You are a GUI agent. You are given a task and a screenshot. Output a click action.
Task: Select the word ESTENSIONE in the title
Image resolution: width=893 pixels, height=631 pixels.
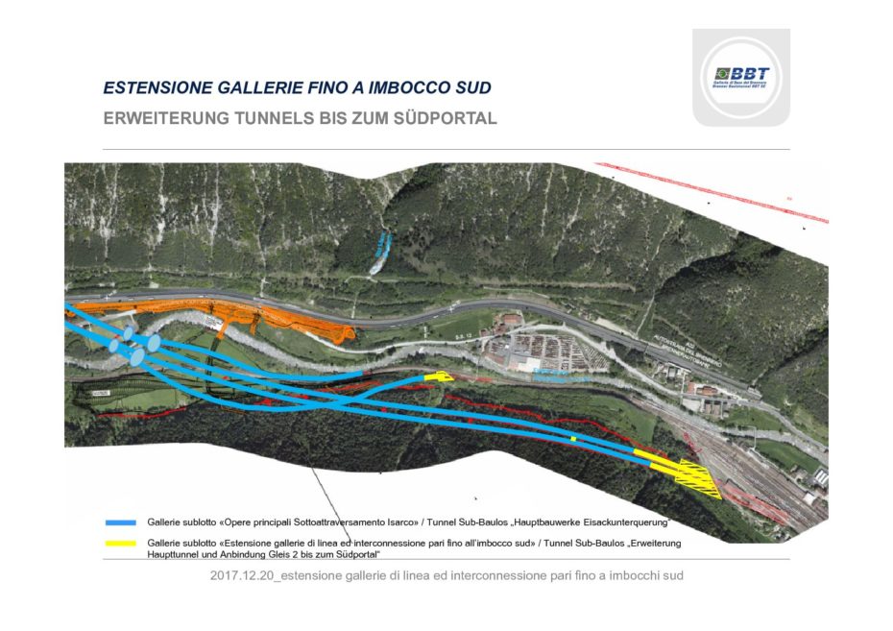(x=152, y=87)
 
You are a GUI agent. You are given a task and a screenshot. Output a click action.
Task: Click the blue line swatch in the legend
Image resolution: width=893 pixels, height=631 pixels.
(x=120, y=523)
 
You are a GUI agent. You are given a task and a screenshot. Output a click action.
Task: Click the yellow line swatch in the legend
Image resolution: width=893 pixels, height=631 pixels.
(x=120, y=544)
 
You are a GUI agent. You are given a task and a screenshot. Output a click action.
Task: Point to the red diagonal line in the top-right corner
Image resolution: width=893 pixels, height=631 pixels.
(x=711, y=193)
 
